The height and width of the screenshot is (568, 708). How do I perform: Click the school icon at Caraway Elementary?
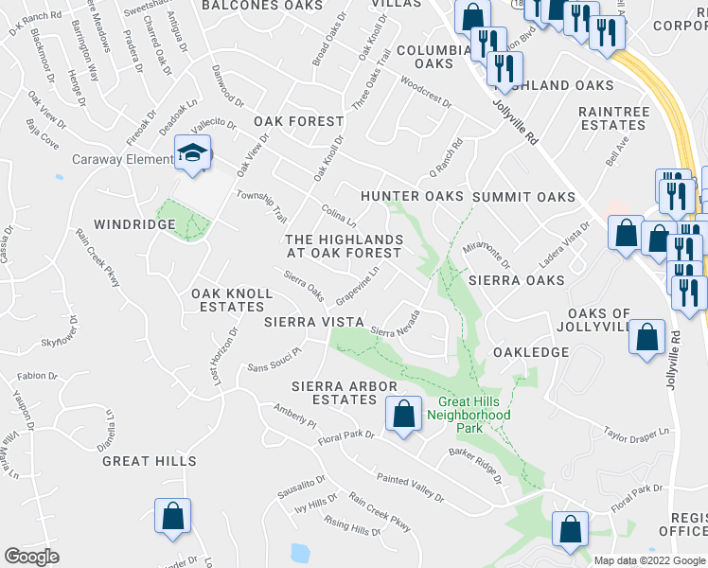(193, 153)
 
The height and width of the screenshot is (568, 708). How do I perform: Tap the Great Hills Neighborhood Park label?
(469, 415)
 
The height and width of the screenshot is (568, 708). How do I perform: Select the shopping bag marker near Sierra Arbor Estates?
(403, 414)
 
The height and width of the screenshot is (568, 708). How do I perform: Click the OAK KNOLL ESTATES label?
(232, 300)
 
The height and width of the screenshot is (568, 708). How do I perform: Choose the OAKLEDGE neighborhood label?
(531, 352)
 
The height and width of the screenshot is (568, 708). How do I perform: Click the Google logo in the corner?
(32, 557)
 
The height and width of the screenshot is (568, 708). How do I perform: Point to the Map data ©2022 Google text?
(648, 560)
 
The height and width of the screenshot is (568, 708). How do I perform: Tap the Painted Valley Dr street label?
(409, 488)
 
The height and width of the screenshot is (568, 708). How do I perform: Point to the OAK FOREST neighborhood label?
(298, 121)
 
